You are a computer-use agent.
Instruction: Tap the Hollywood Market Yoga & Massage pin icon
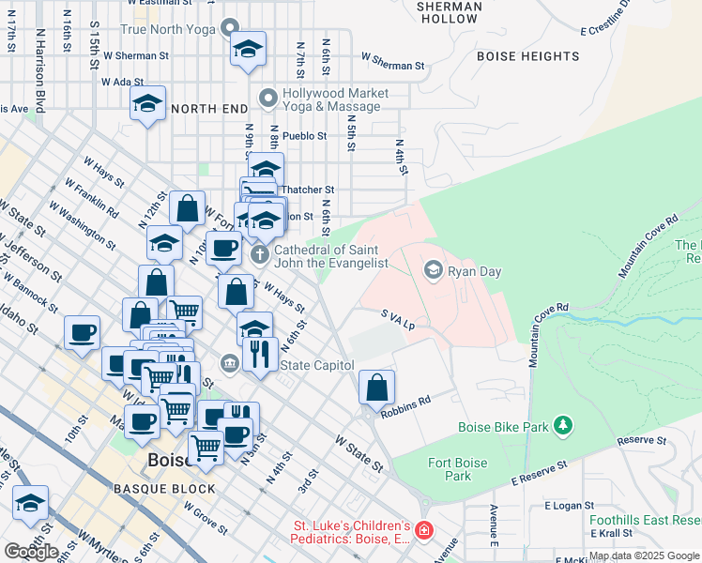pos(268,97)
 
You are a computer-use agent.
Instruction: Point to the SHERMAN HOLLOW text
pos(449,12)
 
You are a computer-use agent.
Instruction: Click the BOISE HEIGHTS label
pos(527,56)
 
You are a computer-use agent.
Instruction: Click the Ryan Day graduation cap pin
pos(433,271)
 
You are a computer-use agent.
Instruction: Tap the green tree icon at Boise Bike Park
pos(563,427)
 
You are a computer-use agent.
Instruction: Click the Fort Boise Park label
pos(458,469)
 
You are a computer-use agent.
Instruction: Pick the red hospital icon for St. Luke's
pos(424,531)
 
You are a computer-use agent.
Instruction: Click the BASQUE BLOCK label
pos(164,489)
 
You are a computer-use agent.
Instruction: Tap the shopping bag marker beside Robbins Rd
pos(376,387)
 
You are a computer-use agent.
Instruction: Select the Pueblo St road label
pos(304,136)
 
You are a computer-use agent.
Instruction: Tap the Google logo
pos(31,552)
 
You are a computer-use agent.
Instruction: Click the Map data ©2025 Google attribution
pos(643,556)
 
